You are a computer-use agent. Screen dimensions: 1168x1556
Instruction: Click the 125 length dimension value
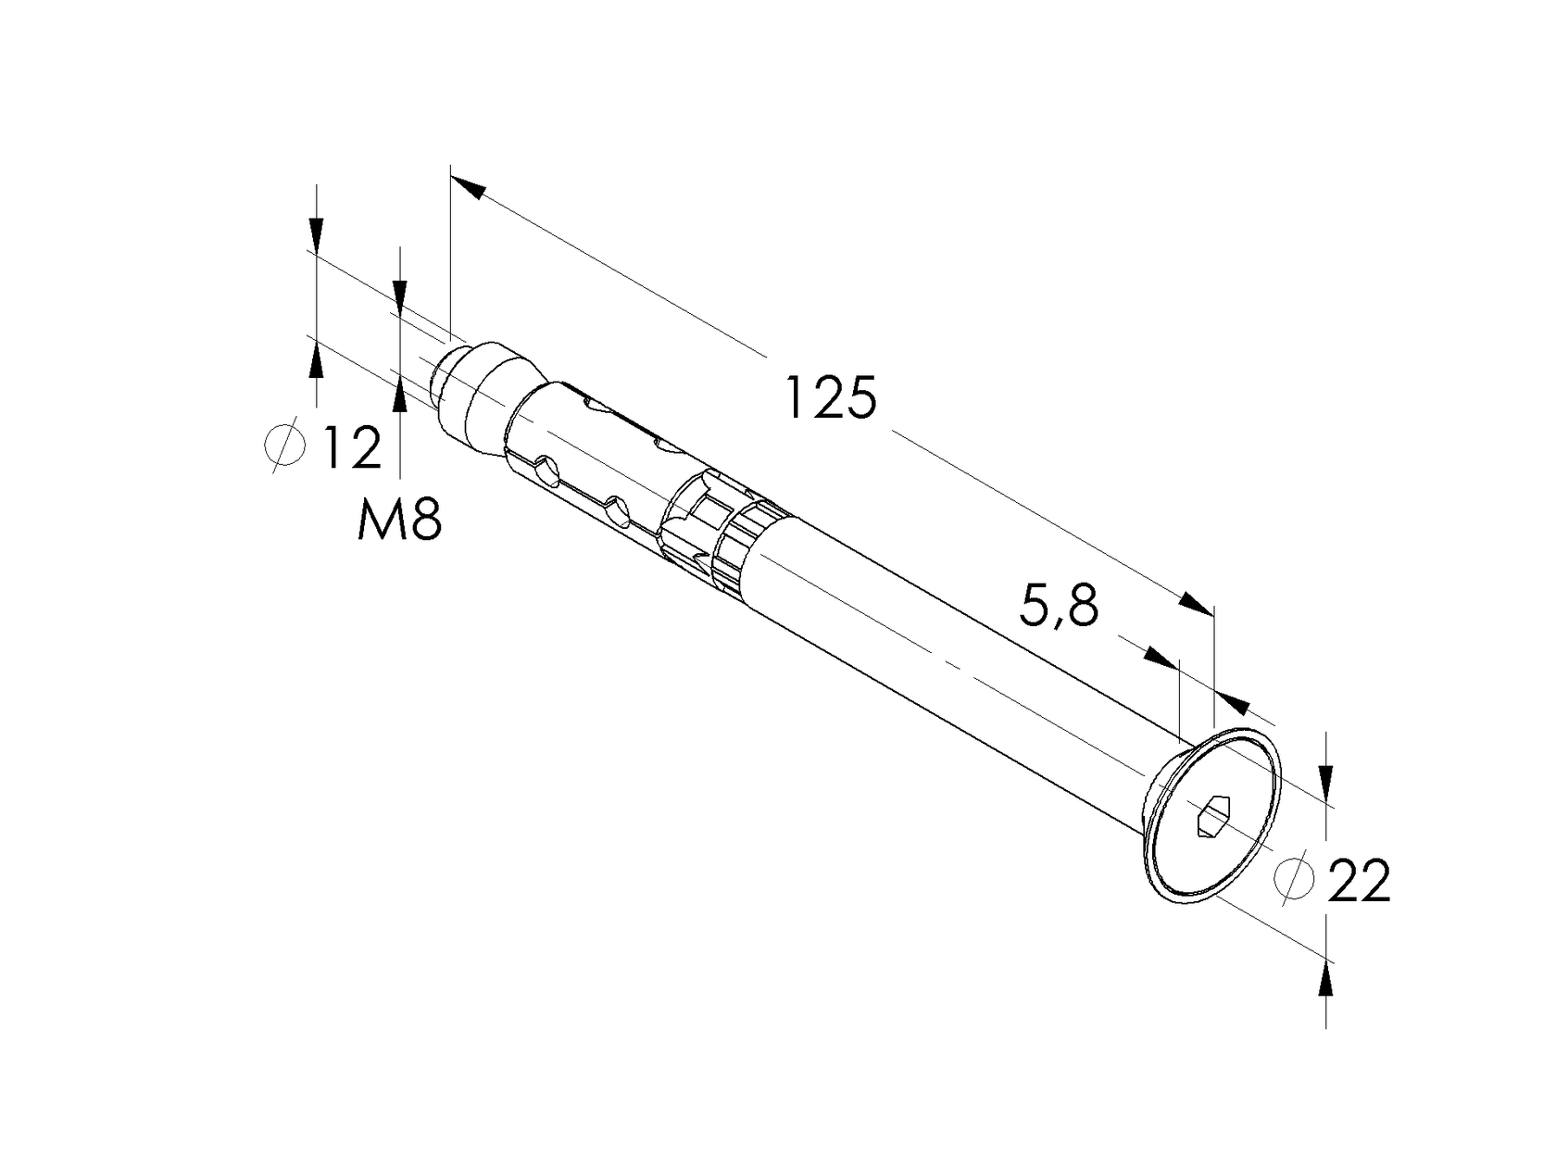click(830, 398)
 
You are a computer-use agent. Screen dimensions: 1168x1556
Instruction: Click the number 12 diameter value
click(351, 447)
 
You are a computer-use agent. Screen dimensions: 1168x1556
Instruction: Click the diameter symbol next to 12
click(284, 446)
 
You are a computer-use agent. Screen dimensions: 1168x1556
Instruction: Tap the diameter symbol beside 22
click(1293, 876)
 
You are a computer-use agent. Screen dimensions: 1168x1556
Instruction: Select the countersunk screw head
click(1213, 815)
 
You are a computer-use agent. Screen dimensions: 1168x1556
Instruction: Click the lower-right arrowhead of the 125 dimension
click(1195, 605)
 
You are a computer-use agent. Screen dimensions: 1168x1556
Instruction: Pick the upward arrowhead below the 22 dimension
click(1326, 977)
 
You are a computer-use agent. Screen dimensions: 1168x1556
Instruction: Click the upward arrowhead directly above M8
click(400, 394)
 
